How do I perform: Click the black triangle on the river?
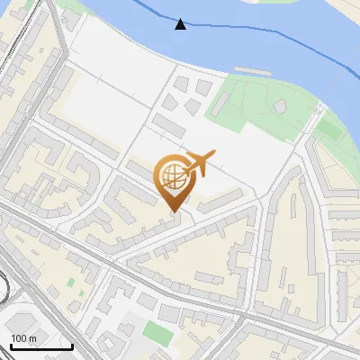[181, 24]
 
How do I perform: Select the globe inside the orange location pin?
[175, 177]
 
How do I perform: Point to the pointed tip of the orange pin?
[175, 211]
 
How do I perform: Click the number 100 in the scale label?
[19, 337]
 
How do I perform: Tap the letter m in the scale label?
[32, 337]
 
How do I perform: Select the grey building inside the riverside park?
[280, 107]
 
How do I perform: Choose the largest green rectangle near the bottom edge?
[157, 333]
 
